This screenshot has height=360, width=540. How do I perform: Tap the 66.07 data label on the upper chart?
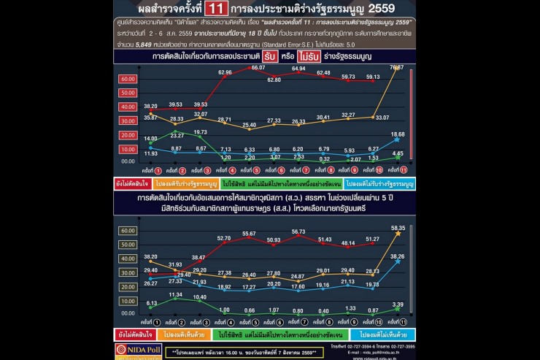point(258,67)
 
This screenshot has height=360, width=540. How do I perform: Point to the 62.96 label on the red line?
point(224,72)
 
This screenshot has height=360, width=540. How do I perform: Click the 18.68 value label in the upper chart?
point(397,135)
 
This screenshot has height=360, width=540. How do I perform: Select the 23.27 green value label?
point(177,136)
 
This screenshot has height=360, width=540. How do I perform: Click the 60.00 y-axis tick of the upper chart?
point(128,78)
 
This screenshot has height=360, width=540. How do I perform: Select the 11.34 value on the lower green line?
point(175,294)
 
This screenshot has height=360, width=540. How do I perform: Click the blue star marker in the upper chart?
point(397,143)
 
